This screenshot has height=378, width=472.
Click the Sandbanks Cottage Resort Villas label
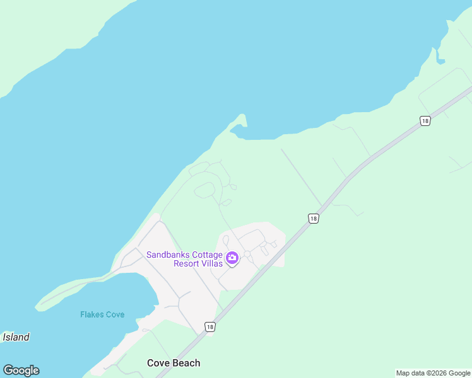(184, 259)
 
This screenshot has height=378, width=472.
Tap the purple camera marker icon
(232, 258)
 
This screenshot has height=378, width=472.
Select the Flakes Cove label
(102, 314)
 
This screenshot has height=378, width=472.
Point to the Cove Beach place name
(174, 363)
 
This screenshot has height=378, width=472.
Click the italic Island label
(16, 337)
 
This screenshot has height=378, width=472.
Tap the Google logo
(21, 370)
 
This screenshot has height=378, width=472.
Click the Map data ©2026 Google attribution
(433, 373)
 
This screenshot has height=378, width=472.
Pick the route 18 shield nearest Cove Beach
(210, 326)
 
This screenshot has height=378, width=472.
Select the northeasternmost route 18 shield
(425, 121)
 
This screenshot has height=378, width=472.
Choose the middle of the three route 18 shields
(314, 219)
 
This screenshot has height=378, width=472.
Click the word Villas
(211, 263)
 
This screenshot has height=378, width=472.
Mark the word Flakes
(91, 314)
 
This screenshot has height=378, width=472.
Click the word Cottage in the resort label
(208, 255)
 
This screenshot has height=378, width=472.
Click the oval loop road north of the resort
(205, 190)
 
